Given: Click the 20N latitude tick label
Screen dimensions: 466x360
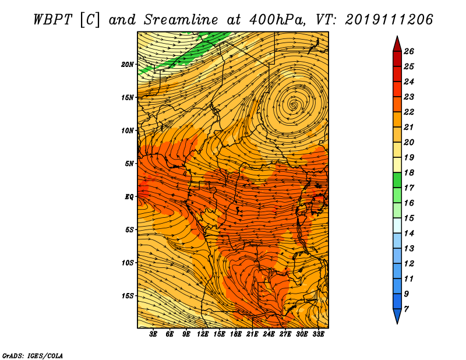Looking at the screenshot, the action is click(x=128, y=65).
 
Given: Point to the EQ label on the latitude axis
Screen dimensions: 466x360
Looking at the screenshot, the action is click(x=129, y=197).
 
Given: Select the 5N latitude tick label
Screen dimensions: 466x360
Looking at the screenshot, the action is click(x=129, y=164).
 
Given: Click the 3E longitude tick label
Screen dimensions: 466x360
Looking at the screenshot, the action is click(x=153, y=334).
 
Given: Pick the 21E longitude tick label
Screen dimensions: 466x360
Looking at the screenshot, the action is click(x=252, y=334).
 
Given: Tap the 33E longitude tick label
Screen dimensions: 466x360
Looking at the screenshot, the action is click(x=318, y=334).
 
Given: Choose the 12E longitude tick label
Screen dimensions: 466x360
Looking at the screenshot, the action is click(x=203, y=334).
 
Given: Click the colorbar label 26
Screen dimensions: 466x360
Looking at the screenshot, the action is click(x=409, y=51).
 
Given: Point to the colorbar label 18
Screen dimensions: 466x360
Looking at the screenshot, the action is click(x=409, y=172).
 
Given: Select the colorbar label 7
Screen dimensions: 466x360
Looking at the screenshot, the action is click(x=406, y=309).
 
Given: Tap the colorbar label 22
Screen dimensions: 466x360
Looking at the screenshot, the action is click(x=409, y=112).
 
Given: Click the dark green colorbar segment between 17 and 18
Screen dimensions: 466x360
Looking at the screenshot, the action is click(x=397, y=180).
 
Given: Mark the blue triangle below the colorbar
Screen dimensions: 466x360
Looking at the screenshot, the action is click(x=397, y=315).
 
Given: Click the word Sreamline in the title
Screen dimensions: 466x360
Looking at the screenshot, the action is click(x=181, y=20).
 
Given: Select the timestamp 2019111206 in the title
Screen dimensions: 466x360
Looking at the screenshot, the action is click(x=389, y=20).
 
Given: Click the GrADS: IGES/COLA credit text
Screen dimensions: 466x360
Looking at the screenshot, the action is click(x=33, y=355).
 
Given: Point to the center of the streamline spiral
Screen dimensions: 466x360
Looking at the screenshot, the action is click(x=294, y=105).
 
